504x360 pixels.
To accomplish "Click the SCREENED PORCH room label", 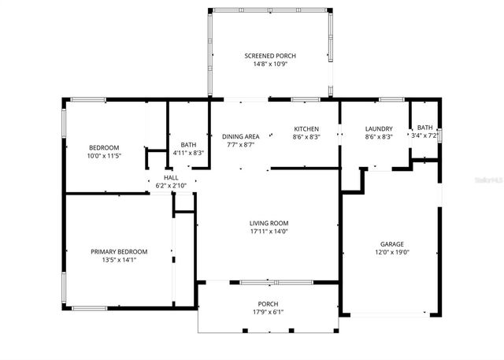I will [x=269, y=55].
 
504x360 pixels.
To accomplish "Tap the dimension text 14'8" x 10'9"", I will [x=269, y=64].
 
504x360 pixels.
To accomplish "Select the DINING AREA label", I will [x=240, y=136].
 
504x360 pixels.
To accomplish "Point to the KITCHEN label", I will [x=306, y=128].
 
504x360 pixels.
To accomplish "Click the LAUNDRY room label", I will [x=379, y=128].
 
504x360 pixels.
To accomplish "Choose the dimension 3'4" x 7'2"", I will [x=424, y=136].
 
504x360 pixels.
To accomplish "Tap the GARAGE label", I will [x=391, y=244].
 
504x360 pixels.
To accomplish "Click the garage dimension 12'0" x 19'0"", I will [x=391, y=253].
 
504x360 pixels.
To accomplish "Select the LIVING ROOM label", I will [x=269, y=223].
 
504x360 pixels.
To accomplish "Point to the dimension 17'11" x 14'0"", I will [x=269, y=232].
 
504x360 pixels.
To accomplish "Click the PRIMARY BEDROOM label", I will [x=119, y=251].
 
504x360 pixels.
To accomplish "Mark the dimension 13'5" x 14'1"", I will [x=119, y=260].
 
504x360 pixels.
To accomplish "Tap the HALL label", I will [x=170, y=178].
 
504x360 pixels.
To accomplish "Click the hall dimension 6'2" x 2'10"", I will [x=170, y=186].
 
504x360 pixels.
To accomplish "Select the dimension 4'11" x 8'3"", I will [x=188, y=153].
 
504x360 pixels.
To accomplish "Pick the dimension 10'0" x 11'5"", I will [x=104, y=157].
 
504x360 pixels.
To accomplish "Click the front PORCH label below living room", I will [x=268, y=303].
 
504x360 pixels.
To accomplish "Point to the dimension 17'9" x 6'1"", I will [x=268, y=312].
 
